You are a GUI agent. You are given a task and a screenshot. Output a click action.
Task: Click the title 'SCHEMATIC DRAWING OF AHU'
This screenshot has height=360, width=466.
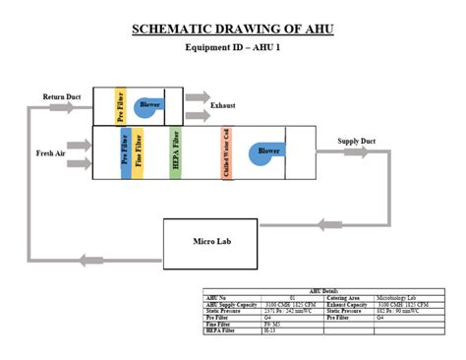tap(233, 29)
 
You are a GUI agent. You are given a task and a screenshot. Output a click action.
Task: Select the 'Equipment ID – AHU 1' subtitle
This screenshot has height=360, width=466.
tap(233, 47)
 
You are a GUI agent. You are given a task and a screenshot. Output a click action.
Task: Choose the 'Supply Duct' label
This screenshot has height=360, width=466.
tap(357, 142)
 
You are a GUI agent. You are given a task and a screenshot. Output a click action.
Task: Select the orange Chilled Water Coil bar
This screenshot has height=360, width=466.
tap(226, 152)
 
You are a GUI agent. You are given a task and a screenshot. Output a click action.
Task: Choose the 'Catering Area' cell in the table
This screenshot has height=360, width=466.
tap(342, 298)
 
